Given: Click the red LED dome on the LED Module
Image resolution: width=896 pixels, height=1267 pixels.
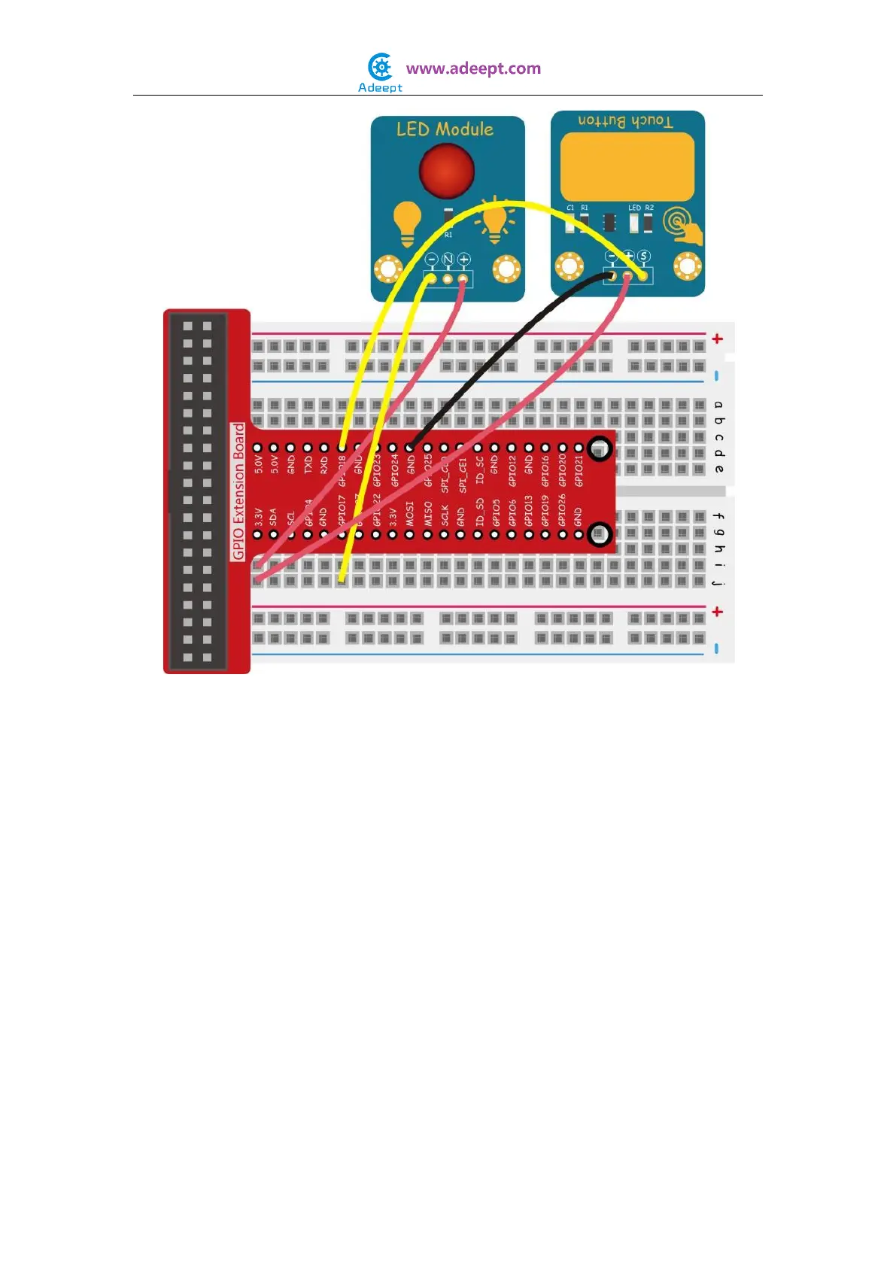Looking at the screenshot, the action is [x=446, y=170].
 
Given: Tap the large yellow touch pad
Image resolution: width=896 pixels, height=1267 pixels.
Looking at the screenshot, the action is [x=627, y=167].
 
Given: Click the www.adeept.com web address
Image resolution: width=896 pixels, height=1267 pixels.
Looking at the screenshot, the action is [x=473, y=68].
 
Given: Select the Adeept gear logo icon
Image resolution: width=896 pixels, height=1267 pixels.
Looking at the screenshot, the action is [x=381, y=67].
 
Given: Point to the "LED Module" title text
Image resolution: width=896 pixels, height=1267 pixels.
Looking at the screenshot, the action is [x=445, y=129].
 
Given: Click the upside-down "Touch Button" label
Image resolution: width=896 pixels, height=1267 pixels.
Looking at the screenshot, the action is [x=625, y=121].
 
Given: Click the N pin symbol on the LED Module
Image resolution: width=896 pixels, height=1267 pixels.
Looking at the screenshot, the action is [x=448, y=260].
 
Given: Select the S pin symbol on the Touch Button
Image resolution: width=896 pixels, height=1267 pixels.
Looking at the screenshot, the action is [x=644, y=257].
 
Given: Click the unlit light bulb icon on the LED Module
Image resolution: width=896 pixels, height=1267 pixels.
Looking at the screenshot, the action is [x=407, y=223].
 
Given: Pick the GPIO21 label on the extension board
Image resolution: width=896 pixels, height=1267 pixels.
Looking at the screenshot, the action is [x=579, y=471].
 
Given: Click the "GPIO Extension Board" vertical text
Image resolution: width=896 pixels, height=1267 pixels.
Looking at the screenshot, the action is [x=239, y=491].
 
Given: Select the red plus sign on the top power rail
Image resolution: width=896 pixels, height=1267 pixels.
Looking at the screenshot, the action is [x=717, y=339].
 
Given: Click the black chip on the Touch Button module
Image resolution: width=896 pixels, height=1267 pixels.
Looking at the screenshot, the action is [x=609, y=222].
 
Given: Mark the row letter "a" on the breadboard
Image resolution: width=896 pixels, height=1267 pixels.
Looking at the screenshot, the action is [x=718, y=405].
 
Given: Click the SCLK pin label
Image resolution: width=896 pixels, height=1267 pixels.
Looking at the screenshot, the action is [x=445, y=515].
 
